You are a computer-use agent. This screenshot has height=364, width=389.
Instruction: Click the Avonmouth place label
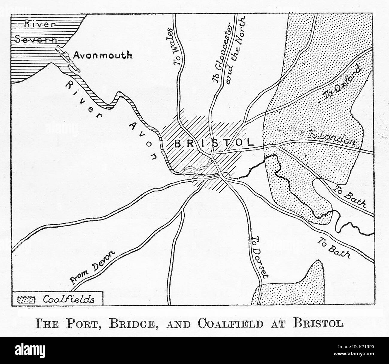(x=103, y=55)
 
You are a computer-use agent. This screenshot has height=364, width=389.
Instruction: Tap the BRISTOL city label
(x=214, y=143)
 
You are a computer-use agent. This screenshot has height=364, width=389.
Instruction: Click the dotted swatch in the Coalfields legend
(x=27, y=299)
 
